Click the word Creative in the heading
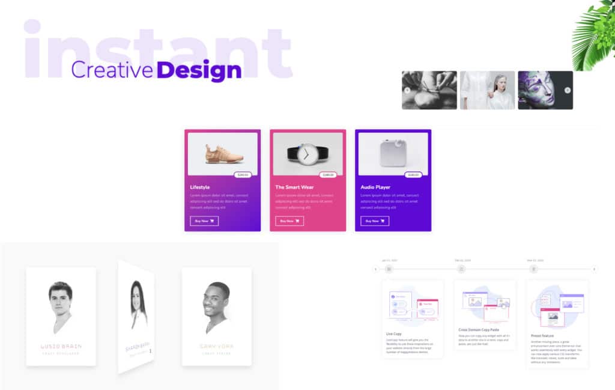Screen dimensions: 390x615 [112, 70]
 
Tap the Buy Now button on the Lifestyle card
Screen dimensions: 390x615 [204, 221]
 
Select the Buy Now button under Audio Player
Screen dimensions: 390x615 [375, 221]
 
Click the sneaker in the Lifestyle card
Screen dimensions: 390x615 [224, 154]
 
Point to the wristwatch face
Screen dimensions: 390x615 [307, 154]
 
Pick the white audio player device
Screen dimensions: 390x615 [392, 154]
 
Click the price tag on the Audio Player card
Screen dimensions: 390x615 [413, 175]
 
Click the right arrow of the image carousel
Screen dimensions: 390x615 [568, 90]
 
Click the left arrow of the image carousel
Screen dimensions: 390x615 [407, 90]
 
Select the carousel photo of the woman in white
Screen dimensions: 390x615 [488, 90]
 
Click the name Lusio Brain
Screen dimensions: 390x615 [61, 346]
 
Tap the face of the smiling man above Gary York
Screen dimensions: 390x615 [216, 300]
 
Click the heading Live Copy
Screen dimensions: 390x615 [394, 334]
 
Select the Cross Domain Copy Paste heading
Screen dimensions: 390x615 [479, 330]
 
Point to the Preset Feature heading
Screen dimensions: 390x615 [543, 336]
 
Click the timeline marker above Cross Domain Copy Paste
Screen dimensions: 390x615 [461, 269]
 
